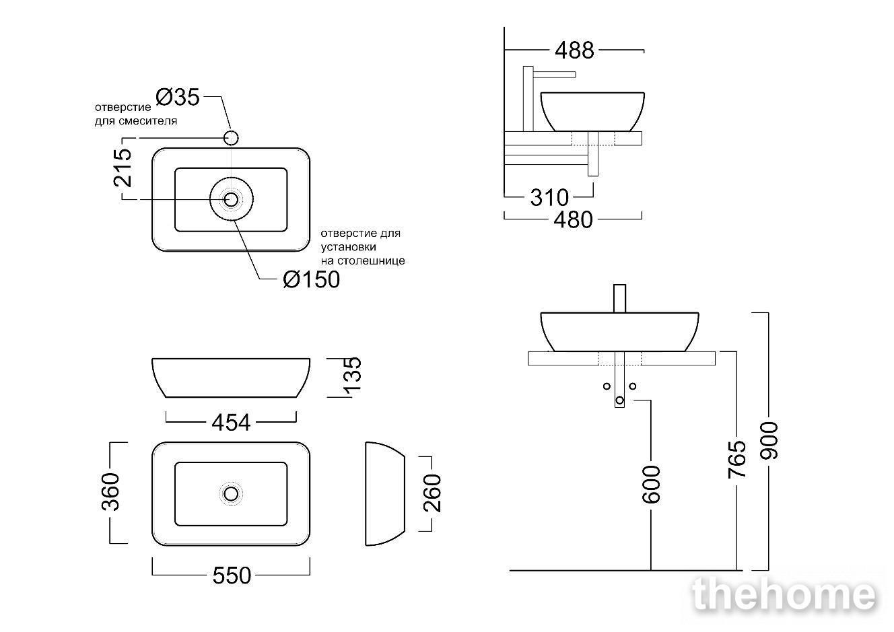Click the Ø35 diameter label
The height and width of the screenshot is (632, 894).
point(178,97)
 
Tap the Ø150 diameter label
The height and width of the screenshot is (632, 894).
point(311,279)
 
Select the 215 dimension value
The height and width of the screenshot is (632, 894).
point(123,168)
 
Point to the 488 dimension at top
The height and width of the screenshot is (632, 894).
point(574,50)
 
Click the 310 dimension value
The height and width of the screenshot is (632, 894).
point(549,197)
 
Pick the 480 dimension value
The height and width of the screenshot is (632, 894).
point(573,220)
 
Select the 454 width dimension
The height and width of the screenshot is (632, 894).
point(231,423)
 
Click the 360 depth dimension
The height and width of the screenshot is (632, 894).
point(110,491)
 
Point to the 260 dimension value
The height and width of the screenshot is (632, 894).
point(432,493)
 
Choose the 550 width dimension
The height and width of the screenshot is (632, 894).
point(232,575)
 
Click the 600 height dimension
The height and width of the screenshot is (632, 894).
point(651,485)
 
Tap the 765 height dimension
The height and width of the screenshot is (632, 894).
point(736,459)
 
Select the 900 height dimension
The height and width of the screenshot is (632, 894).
point(769,440)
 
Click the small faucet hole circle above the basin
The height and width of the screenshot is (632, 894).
point(232,138)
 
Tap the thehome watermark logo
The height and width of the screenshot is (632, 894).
point(785,594)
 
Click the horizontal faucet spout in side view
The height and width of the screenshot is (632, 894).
point(554,75)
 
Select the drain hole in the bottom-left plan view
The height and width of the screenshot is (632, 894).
point(231,494)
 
